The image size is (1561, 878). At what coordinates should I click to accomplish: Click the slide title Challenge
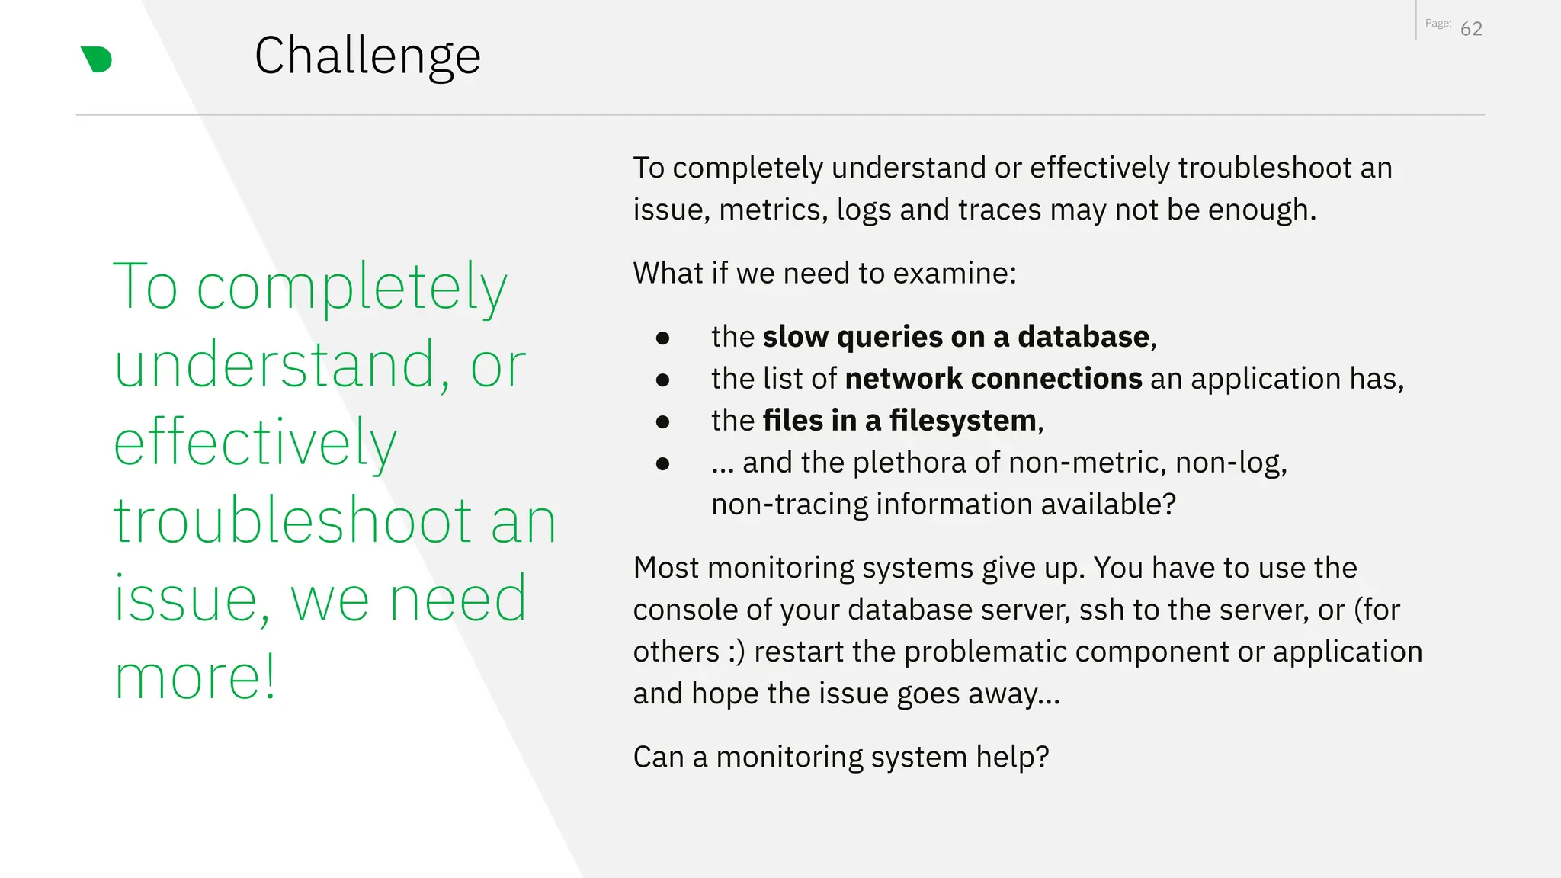(x=367, y=56)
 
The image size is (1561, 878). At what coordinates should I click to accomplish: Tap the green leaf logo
(x=97, y=59)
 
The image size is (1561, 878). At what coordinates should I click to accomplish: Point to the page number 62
(x=1471, y=29)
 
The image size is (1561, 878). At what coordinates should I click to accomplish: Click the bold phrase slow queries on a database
(x=956, y=337)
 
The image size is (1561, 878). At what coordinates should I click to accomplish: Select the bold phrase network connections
(x=993, y=379)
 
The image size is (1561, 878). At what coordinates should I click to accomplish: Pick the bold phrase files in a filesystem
(x=899, y=421)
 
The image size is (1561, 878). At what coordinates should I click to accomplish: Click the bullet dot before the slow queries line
(x=662, y=338)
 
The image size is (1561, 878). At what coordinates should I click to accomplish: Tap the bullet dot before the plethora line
(x=662, y=463)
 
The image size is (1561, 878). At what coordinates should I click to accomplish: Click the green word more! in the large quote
(x=194, y=677)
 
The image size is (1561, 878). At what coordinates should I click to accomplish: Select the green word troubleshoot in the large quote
(x=293, y=521)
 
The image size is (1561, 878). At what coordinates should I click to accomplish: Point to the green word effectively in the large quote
(x=255, y=443)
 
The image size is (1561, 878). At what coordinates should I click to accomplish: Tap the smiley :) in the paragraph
(x=736, y=652)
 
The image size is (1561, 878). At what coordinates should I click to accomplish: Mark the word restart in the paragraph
(x=799, y=652)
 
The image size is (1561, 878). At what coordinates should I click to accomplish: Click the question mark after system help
(x=1042, y=757)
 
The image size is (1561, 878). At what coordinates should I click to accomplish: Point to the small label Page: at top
(x=1438, y=24)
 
